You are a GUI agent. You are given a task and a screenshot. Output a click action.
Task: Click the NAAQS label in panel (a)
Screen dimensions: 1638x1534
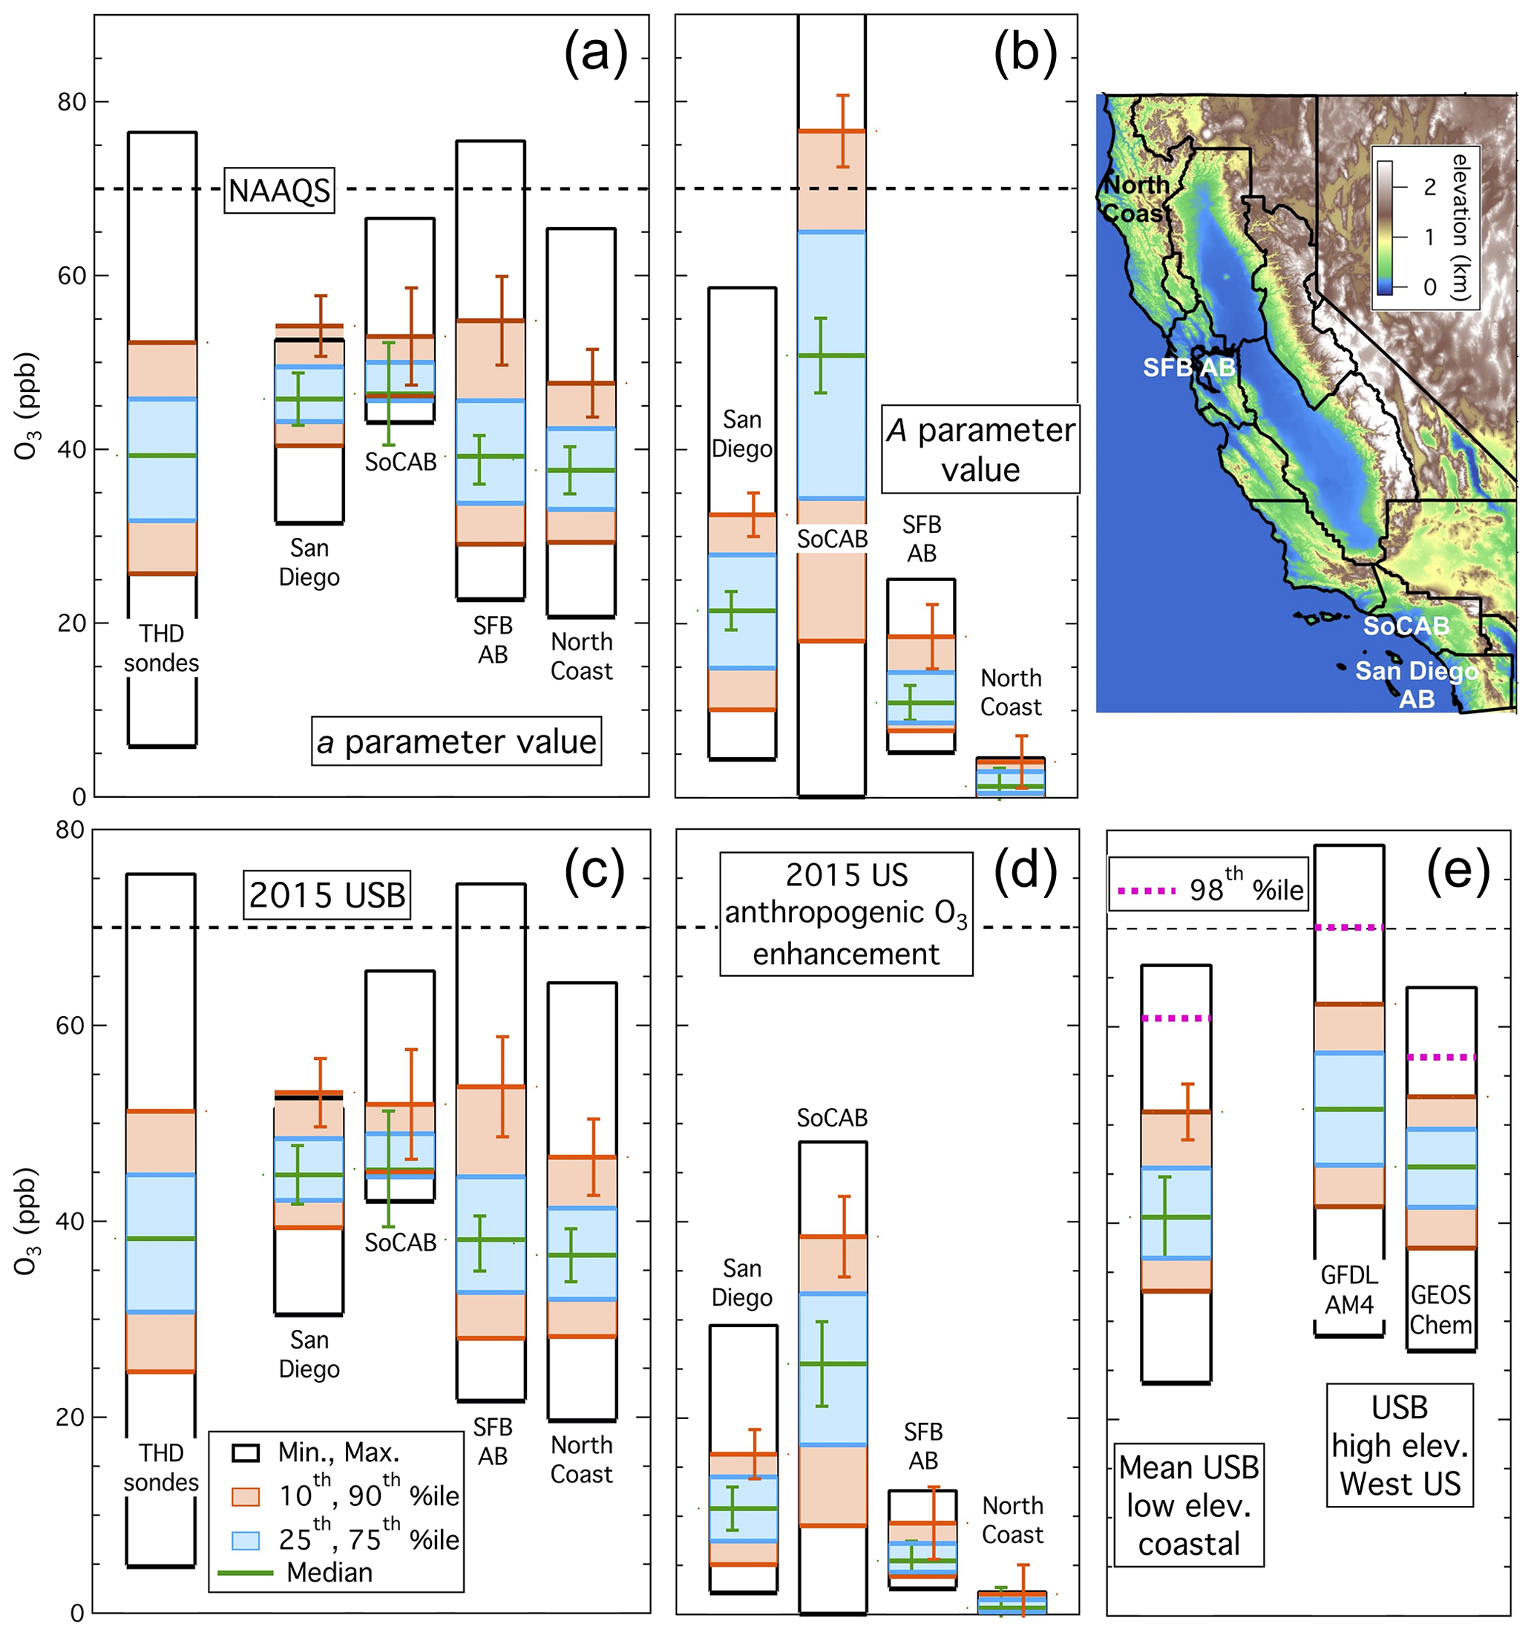pyautogui.click(x=278, y=190)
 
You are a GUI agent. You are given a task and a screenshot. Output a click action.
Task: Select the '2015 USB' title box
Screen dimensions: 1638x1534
pyautogui.click(x=327, y=895)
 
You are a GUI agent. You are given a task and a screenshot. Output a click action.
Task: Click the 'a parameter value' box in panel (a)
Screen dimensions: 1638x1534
pyautogui.click(x=456, y=741)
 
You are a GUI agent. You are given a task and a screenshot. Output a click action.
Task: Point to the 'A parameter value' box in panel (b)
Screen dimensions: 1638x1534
pyautogui.click(x=980, y=449)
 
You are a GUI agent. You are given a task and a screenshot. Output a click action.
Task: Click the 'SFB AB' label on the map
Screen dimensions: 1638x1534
pyautogui.click(x=1188, y=367)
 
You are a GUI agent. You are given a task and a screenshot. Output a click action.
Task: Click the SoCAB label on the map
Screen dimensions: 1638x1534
pyautogui.click(x=1406, y=626)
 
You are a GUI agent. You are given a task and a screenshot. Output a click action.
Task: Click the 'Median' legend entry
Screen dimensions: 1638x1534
pyautogui.click(x=329, y=1572)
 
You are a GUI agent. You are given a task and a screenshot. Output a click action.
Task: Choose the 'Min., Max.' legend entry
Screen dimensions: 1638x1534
pyautogui.click(x=338, y=1452)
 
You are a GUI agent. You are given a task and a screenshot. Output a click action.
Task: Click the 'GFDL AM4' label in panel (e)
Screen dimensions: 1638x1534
pyautogui.click(x=1348, y=1289)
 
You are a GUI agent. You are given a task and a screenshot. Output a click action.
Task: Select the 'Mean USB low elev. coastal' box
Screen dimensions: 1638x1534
pyautogui.click(x=1188, y=1505)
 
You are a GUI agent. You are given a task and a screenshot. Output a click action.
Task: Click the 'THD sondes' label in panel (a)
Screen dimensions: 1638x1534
pyautogui.click(x=162, y=649)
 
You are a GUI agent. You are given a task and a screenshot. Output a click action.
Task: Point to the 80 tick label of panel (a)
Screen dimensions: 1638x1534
pyautogui.click(x=72, y=102)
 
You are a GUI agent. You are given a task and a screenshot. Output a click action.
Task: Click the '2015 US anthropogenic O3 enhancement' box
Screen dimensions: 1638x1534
pyautogui.click(x=846, y=914)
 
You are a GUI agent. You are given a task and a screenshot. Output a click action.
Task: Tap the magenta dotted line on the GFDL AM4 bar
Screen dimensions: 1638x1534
pyautogui.click(x=1348, y=928)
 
